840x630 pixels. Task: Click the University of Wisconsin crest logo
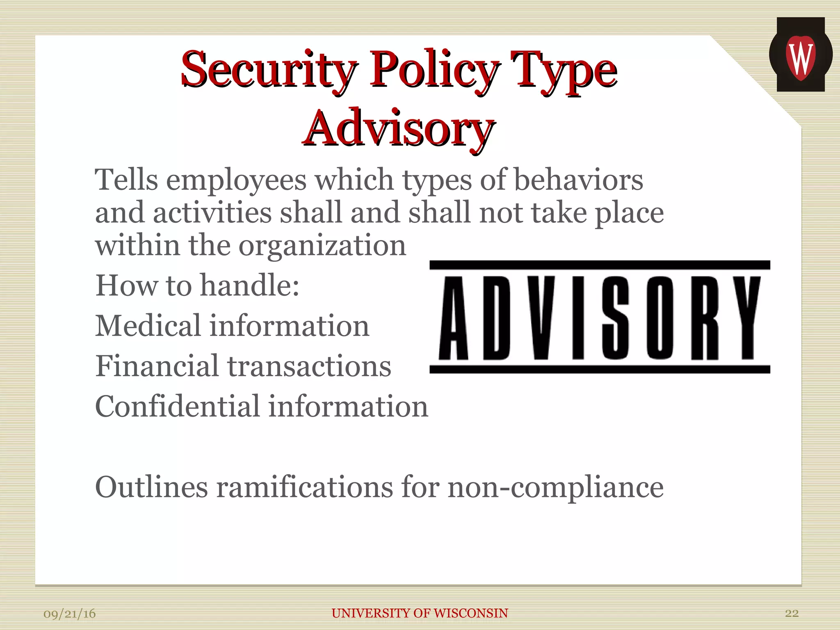(x=800, y=55)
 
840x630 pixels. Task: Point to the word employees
(x=236, y=180)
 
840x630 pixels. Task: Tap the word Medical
(x=148, y=326)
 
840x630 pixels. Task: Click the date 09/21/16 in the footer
(x=70, y=614)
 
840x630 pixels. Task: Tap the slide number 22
(x=792, y=613)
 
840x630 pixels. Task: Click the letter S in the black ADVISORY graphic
(x=615, y=318)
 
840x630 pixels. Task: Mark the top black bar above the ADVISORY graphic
(x=600, y=265)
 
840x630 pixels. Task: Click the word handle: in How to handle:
(x=250, y=285)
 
